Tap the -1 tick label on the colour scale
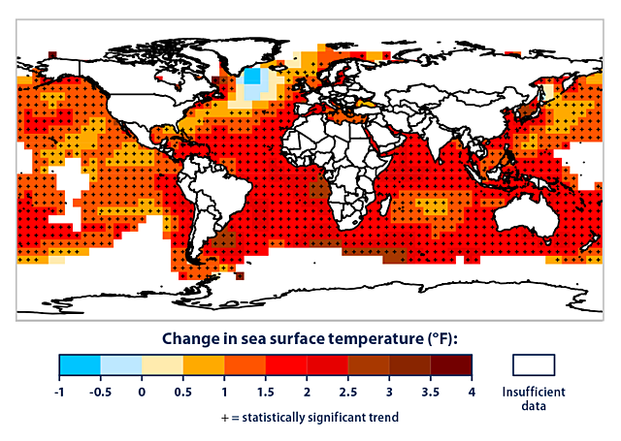[x=59, y=392]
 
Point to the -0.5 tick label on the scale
[x=100, y=392]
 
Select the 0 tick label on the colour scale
[x=142, y=392]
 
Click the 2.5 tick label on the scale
[x=348, y=392]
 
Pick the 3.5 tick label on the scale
[x=431, y=392]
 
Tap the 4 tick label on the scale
[x=473, y=392]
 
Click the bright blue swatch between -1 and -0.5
[x=80, y=364]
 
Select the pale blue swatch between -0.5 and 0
[x=121, y=364]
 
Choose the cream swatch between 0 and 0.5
[x=162, y=364]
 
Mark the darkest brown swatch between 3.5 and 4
[x=451, y=364]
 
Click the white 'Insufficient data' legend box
[x=532, y=364]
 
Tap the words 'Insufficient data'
[x=532, y=398]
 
